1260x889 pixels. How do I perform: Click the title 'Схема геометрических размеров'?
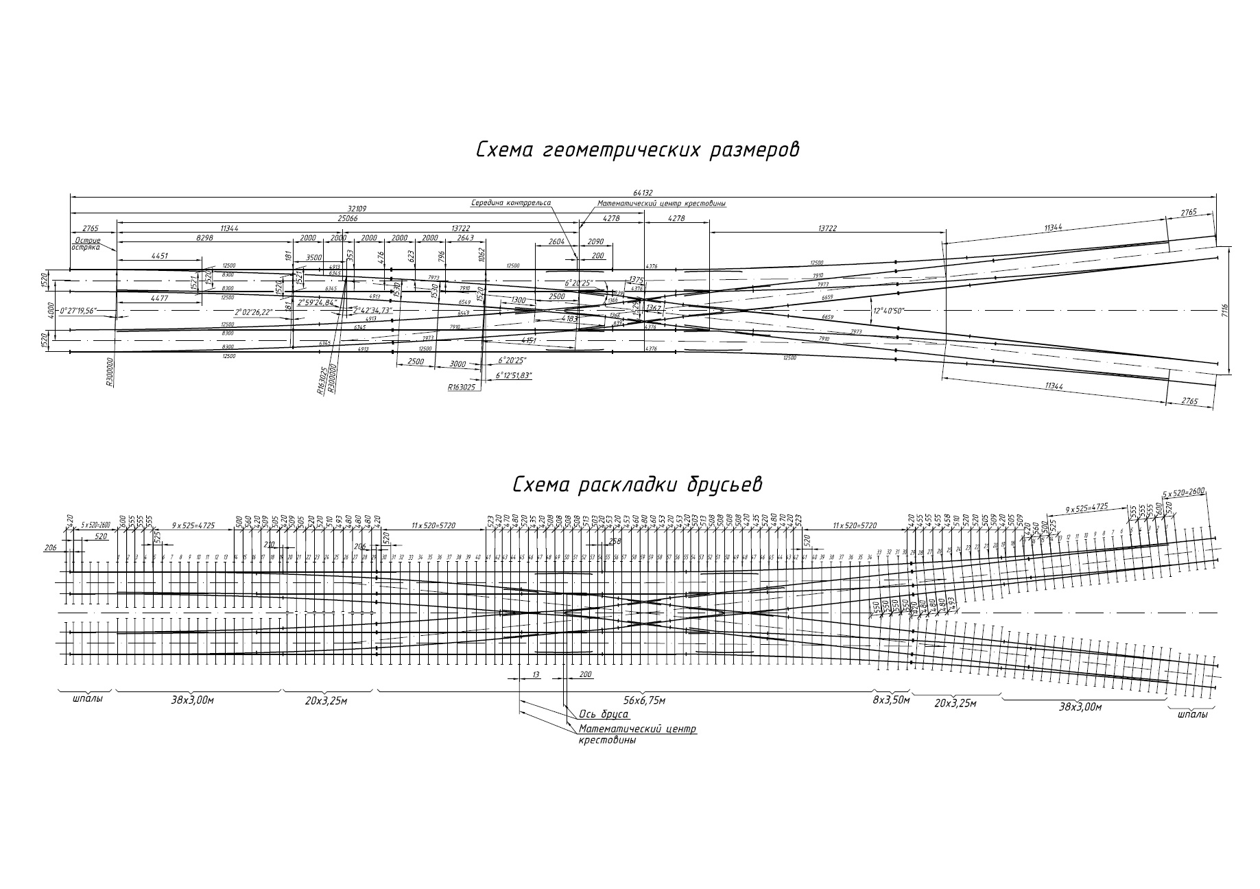pyautogui.click(x=637, y=150)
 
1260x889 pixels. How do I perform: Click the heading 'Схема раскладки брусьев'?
pyautogui.click(x=637, y=485)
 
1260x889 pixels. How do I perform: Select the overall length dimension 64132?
pyautogui.click(x=642, y=193)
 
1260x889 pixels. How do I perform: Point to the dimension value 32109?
pyautogui.click(x=357, y=207)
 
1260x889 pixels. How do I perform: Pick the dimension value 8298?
pyautogui.click(x=204, y=237)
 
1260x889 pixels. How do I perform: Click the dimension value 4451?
pyautogui.click(x=159, y=256)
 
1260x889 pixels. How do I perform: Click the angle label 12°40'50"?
pyautogui.click(x=888, y=310)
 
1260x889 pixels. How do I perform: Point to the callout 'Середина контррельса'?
pyautogui.click(x=510, y=203)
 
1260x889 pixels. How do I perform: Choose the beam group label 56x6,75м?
pyautogui.click(x=644, y=700)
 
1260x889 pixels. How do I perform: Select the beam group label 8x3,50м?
pyautogui.click(x=890, y=700)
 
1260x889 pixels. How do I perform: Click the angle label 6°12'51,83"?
pyautogui.click(x=513, y=376)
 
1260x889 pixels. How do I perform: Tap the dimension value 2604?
pyautogui.click(x=556, y=241)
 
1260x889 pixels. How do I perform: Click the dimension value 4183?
pyautogui.click(x=570, y=319)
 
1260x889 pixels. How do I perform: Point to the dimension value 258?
pyautogui.click(x=615, y=541)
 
